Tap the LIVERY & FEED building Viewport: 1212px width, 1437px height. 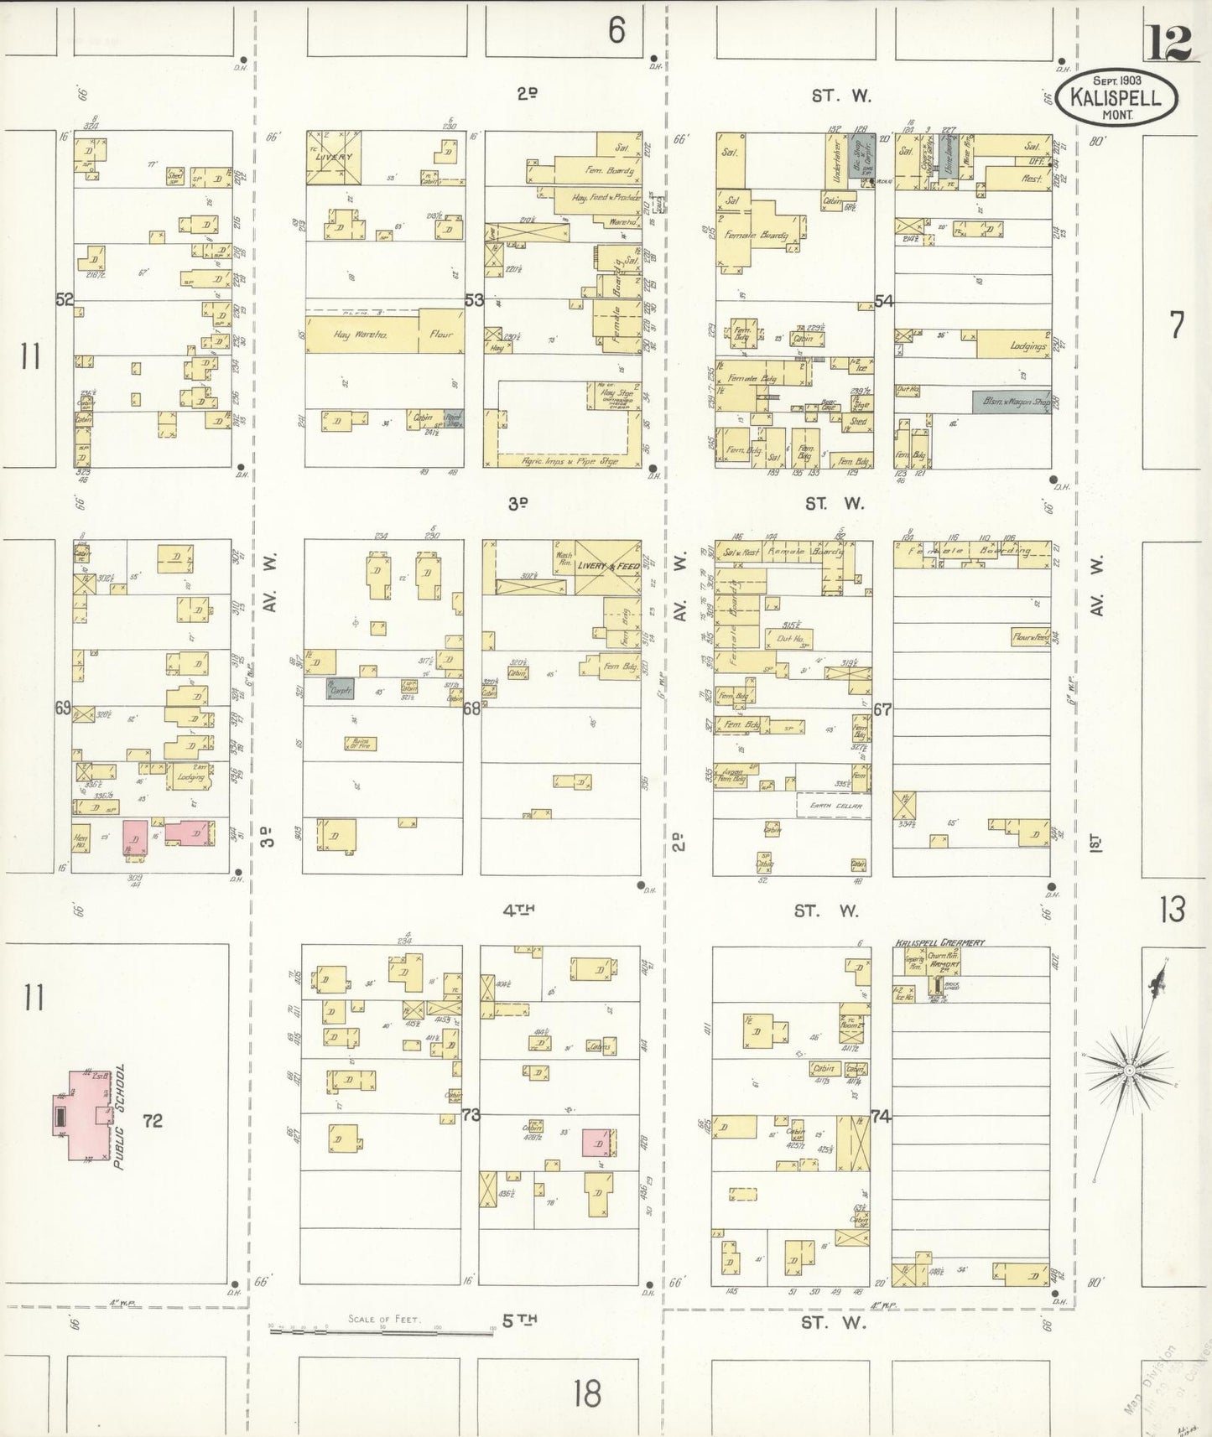(608, 567)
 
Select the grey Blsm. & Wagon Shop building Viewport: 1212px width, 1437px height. (1011, 402)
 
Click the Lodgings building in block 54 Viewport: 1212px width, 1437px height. (1013, 345)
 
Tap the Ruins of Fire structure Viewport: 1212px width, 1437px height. (361, 743)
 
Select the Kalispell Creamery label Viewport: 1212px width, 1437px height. (939, 942)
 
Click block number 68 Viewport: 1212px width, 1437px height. (471, 708)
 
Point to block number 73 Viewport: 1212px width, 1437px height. (471, 1115)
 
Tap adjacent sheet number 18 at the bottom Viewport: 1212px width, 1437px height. (587, 1393)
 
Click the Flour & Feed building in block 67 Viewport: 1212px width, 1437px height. (1030, 637)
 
